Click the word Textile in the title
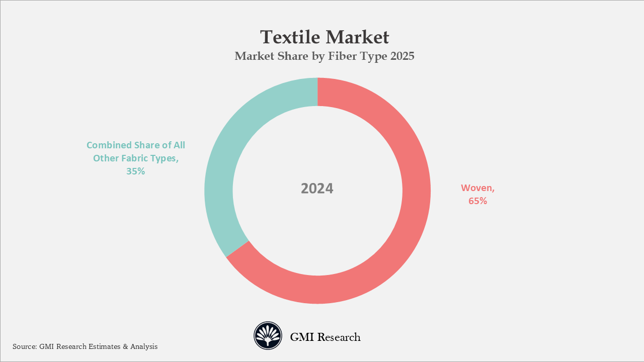click(290, 37)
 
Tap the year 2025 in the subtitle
click(401, 56)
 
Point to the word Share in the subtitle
click(293, 56)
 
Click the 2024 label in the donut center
click(317, 189)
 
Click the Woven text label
click(476, 188)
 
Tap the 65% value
click(477, 201)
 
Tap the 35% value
click(135, 171)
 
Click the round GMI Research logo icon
click(268, 336)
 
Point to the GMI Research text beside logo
click(325, 337)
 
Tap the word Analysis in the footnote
click(144, 346)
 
